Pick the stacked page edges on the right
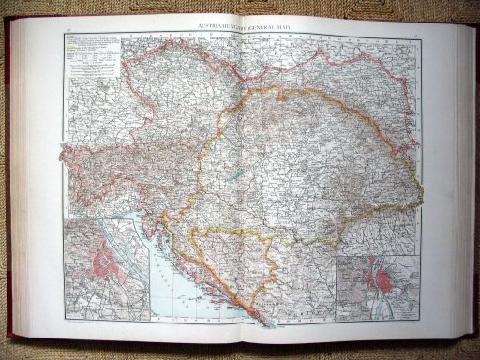point(462,178)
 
